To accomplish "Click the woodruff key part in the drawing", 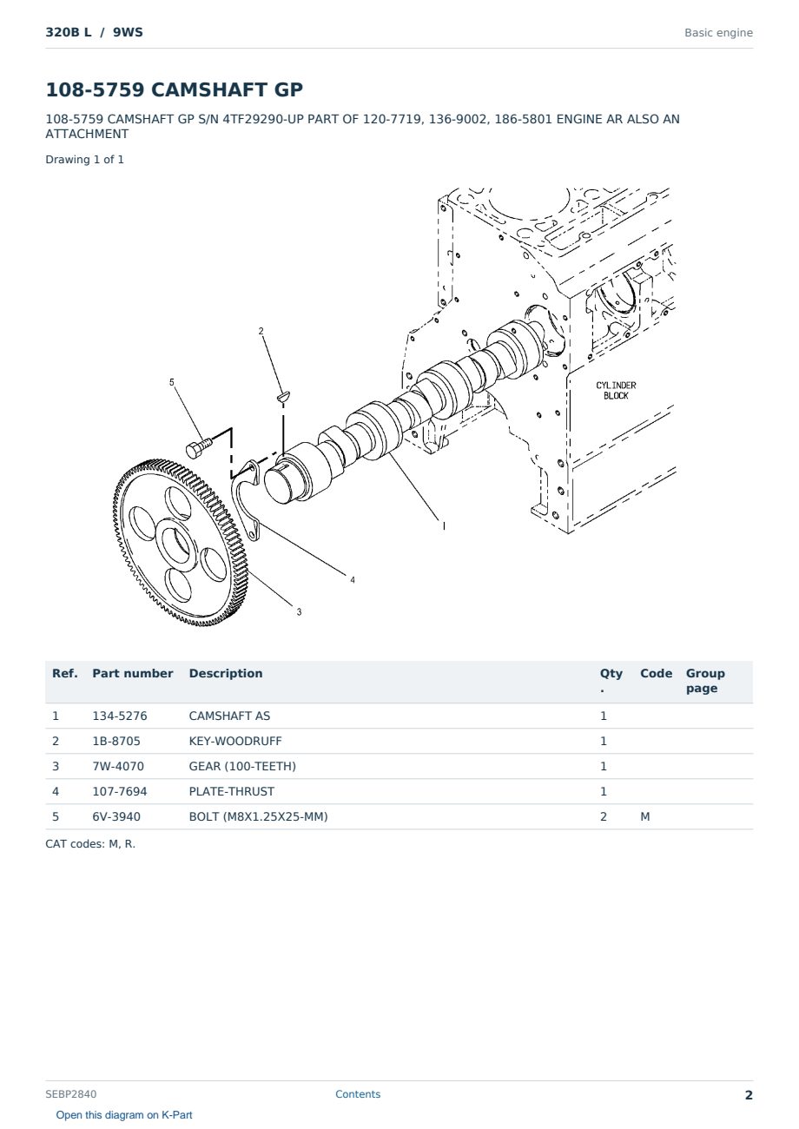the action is coord(284,396).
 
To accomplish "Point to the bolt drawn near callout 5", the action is coord(199,447).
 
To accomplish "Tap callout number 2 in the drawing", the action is coord(261,331).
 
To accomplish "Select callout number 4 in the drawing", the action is coord(353,580).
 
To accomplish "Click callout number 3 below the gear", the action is coord(299,612).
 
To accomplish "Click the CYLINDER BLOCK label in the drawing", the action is coord(616,391).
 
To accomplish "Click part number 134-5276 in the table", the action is coord(120,716).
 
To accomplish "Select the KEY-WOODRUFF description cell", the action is coord(234,741).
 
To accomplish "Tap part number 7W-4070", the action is coord(118,766).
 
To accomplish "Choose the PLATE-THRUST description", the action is coord(231,791).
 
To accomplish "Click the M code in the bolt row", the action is coord(644,816).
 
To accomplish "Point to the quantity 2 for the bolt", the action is coord(604,816).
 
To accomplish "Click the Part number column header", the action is coord(133,673).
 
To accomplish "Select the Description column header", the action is coord(226,673).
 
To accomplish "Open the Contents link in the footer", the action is coord(358,1094).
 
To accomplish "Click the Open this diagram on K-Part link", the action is coord(124,1115).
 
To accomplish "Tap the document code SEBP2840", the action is coord(71,1094).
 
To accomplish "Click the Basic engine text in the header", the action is coord(718,33).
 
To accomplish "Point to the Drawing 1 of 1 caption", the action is coord(85,160).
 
